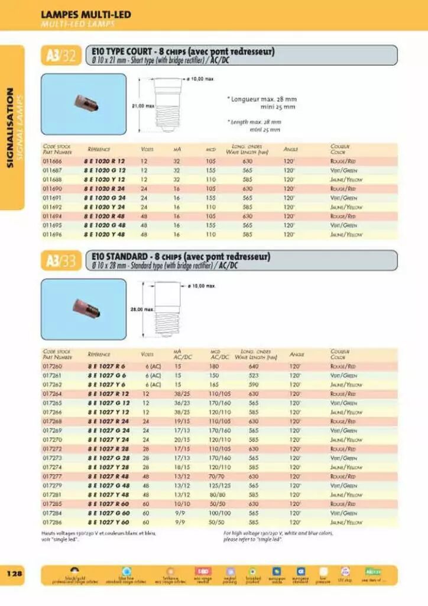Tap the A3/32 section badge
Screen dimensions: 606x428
(61, 56)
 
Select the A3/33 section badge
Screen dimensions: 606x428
(61, 260)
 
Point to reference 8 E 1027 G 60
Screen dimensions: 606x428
(108, 513)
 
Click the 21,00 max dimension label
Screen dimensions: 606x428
(142, 106)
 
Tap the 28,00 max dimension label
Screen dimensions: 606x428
(142, 309)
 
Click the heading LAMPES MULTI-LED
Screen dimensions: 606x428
(86, 15)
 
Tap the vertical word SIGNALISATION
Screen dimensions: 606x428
(10, 127)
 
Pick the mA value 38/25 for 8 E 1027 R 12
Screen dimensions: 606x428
(182, 394)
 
